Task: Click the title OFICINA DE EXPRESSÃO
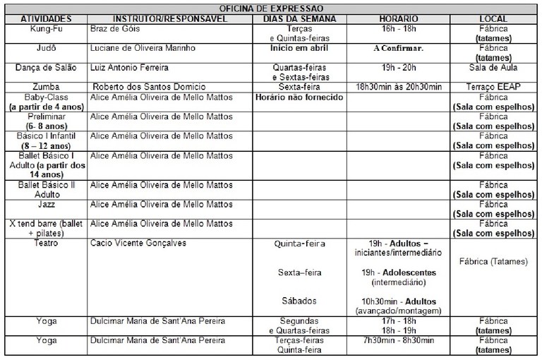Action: point(271,7)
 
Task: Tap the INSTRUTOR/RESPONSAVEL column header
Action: point(170,18)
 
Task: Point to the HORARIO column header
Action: point(398,18)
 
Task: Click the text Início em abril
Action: point(299,49)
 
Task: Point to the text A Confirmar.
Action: point(398,49)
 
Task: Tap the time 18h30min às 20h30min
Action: point(398,86)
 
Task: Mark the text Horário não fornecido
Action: point(299,96)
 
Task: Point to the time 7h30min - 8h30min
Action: point(398,339)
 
